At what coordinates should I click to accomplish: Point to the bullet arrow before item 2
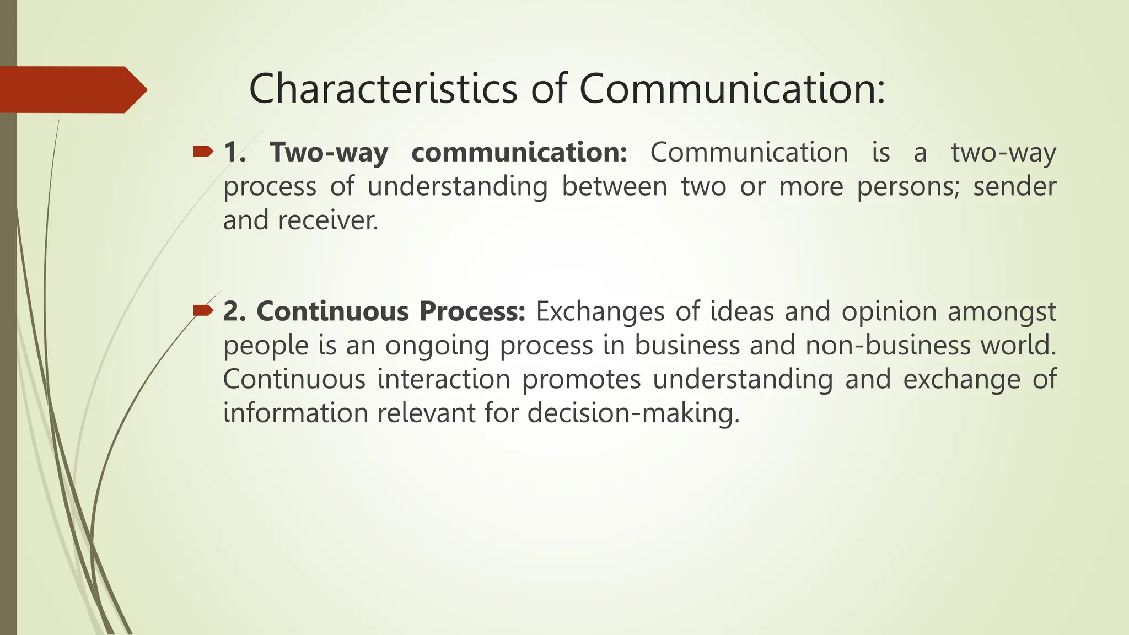click(x=202, y=311)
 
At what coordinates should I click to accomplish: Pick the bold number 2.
click(x=234, y=312)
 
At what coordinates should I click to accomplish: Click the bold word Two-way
click(x=329, y=153)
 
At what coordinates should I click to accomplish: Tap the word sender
click(x=1014, y=186)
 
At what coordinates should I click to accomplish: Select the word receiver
click(x=328, y=220)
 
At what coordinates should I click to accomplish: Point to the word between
click(x=614, y=186)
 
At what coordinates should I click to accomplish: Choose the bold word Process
click(x=472, y=312)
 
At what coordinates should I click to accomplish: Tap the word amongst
click(x=1001, y=312)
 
